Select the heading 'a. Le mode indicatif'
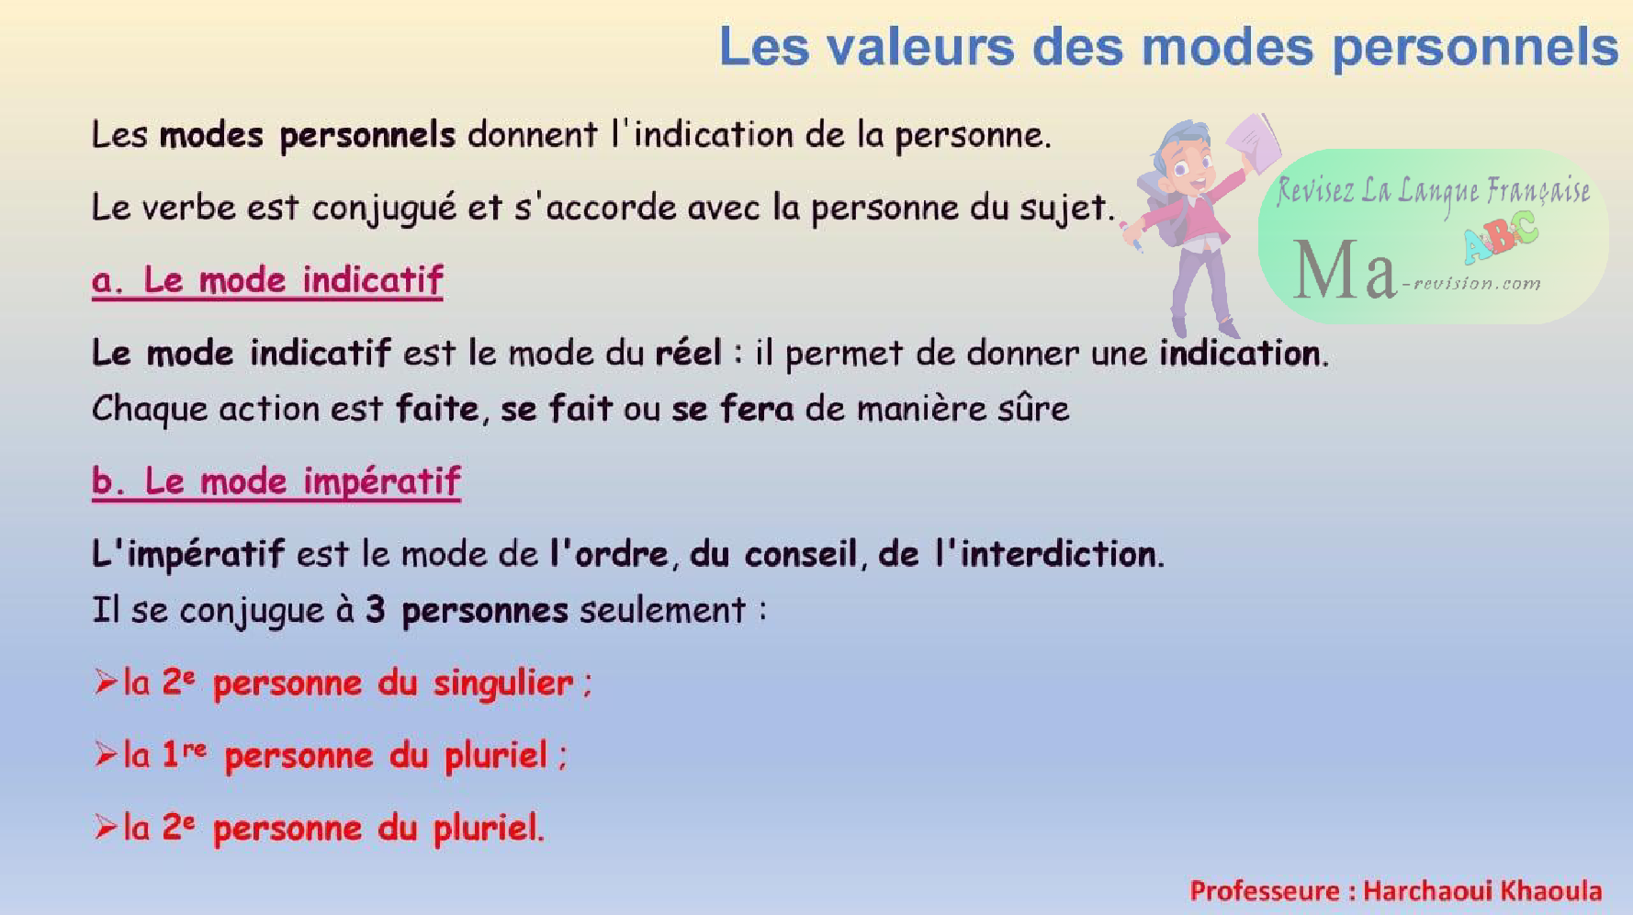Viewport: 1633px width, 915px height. pos(267,280)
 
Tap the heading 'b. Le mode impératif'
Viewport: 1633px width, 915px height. pos(276,481)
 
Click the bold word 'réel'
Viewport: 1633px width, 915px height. pos(688,353)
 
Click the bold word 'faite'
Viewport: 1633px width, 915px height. pos(437,408)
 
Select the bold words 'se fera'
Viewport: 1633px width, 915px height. pos(733,408)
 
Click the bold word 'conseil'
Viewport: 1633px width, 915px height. pos(801,554)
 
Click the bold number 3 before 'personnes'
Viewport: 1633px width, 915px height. pos(375,610)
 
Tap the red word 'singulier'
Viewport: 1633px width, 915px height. pos(503,683)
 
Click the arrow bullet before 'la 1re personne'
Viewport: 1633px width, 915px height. pos(106,754)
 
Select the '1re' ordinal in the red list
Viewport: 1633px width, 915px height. pos(184,754)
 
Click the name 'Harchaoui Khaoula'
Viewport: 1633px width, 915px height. pos(1482,890)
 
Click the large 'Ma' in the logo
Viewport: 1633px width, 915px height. pos(1345,270)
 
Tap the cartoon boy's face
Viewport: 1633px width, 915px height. pos(1188,165)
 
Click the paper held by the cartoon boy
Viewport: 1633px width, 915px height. pos(1253,143)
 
